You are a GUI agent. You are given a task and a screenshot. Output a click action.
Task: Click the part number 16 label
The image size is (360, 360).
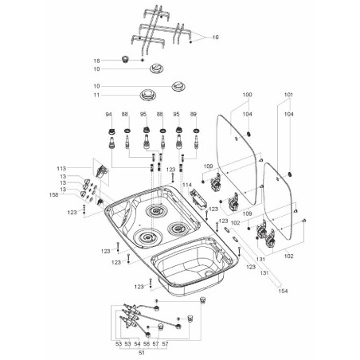point(214,37)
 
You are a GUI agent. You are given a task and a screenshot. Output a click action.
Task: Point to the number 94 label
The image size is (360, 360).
point(109,115)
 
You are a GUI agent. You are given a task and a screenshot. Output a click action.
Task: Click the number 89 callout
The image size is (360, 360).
point(195,115)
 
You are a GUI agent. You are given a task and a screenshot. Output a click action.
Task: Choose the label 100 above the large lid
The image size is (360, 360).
point(246,96)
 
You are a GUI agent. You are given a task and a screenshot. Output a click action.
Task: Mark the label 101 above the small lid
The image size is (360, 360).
point(289,96)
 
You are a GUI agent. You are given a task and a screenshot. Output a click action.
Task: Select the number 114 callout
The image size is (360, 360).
point(188,184)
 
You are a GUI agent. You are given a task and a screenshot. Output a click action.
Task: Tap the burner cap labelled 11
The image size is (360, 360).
point(147,95)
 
